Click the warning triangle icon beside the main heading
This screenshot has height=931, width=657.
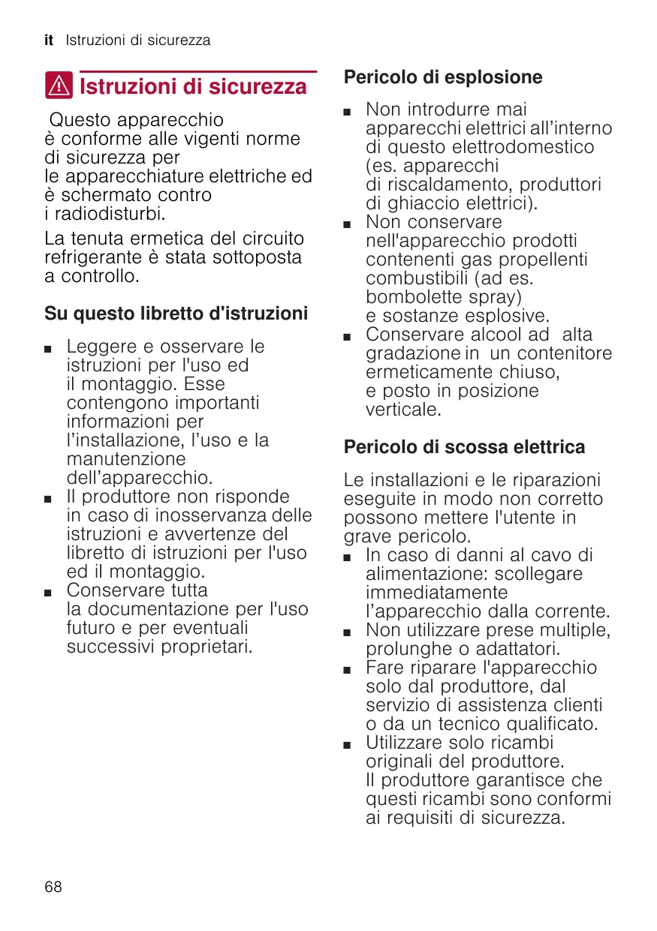click(59, 86)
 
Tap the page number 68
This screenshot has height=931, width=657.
click(53, 887)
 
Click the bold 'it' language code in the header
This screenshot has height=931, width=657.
click(49, 41)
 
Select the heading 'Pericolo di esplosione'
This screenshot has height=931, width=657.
click(443, 77)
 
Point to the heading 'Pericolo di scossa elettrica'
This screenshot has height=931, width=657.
click(464, 447)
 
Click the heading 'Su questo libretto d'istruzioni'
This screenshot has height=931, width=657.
click(176, 313)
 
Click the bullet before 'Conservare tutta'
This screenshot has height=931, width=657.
click(49, 593)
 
